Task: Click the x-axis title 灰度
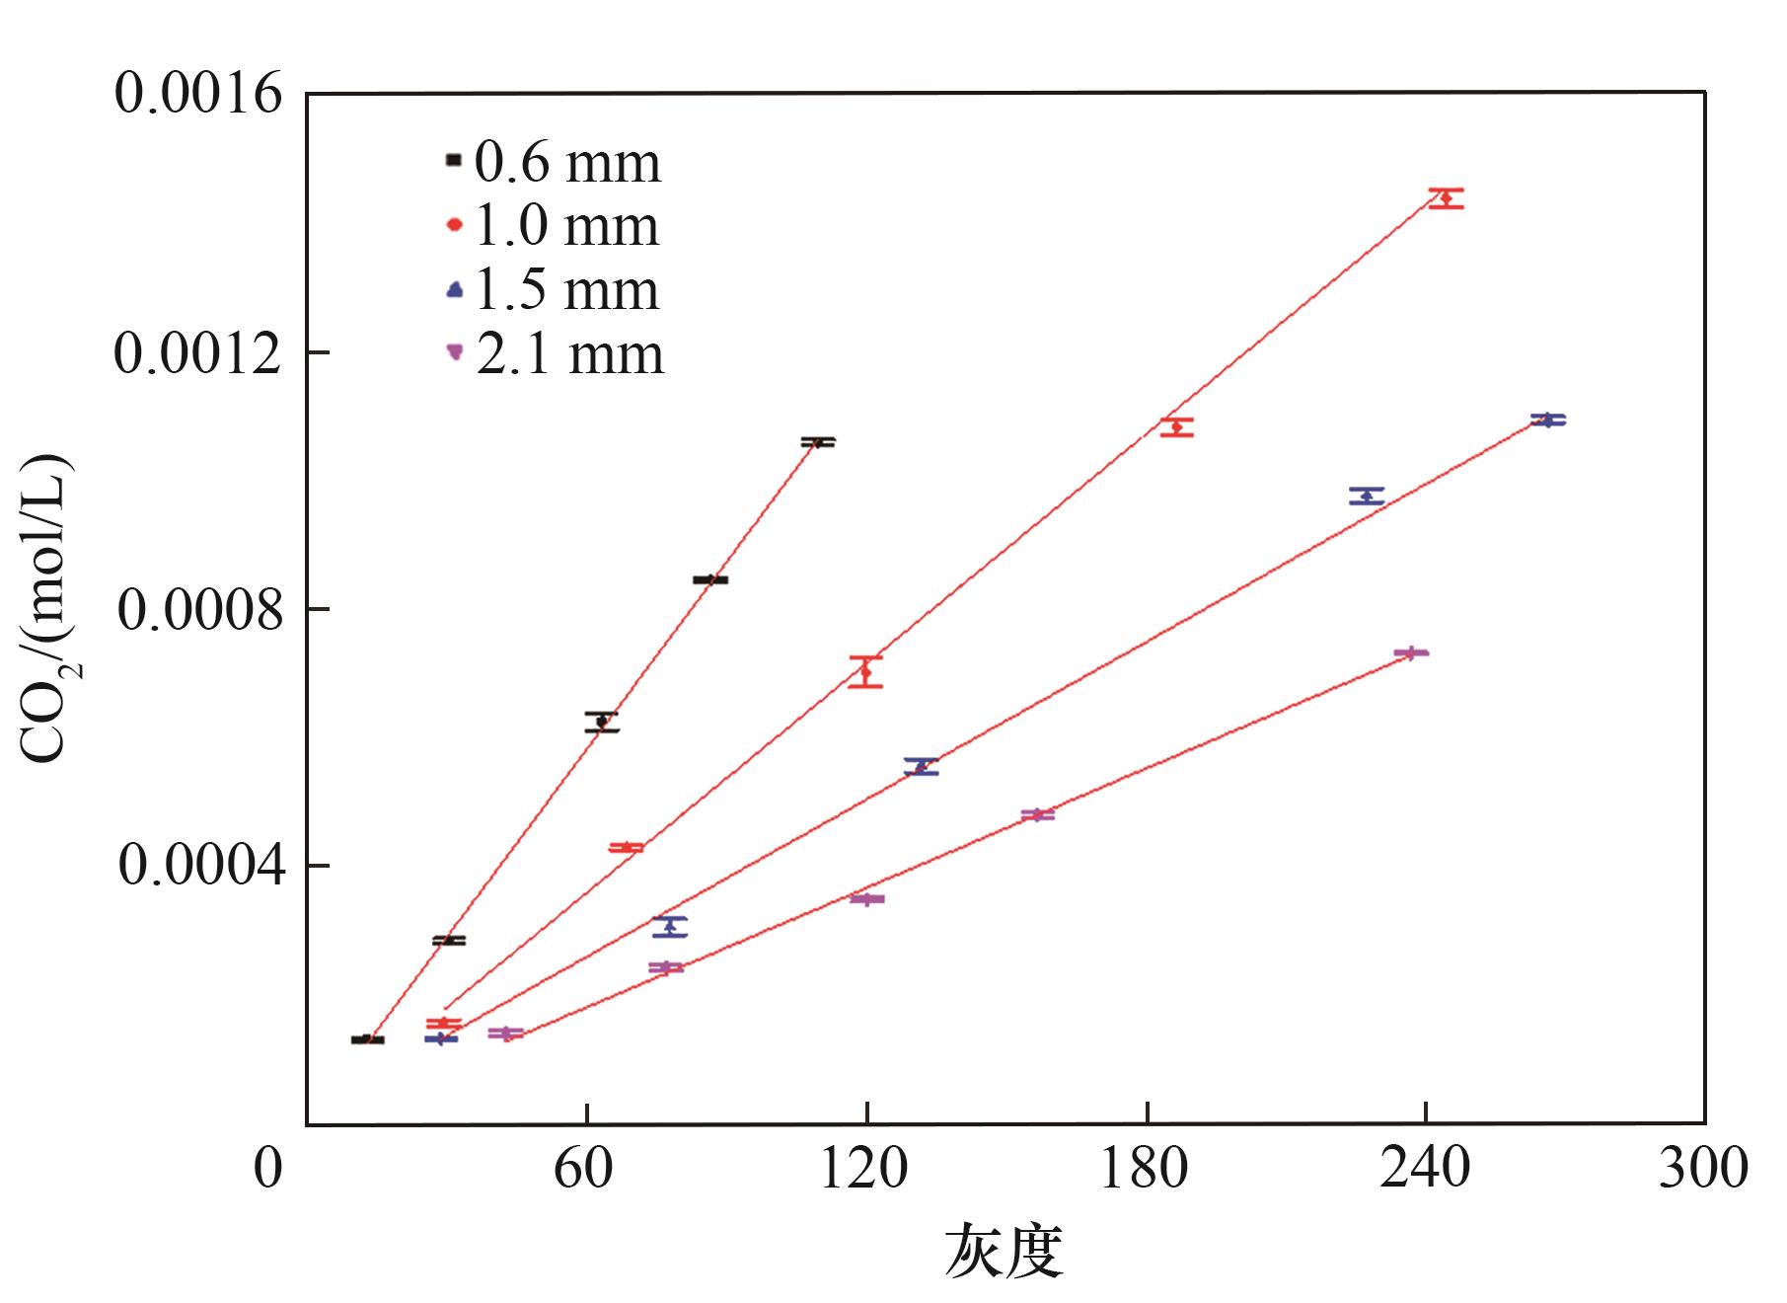(1005, 1252)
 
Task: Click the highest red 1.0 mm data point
(1447, 198)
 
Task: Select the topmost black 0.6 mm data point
(817, 442)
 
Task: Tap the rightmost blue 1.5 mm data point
(1548, 420)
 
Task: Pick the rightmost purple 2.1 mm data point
(1411, 652)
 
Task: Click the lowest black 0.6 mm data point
(367, 1039)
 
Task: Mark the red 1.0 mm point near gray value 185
(1176, 426)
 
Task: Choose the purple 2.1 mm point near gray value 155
(1037, 814)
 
